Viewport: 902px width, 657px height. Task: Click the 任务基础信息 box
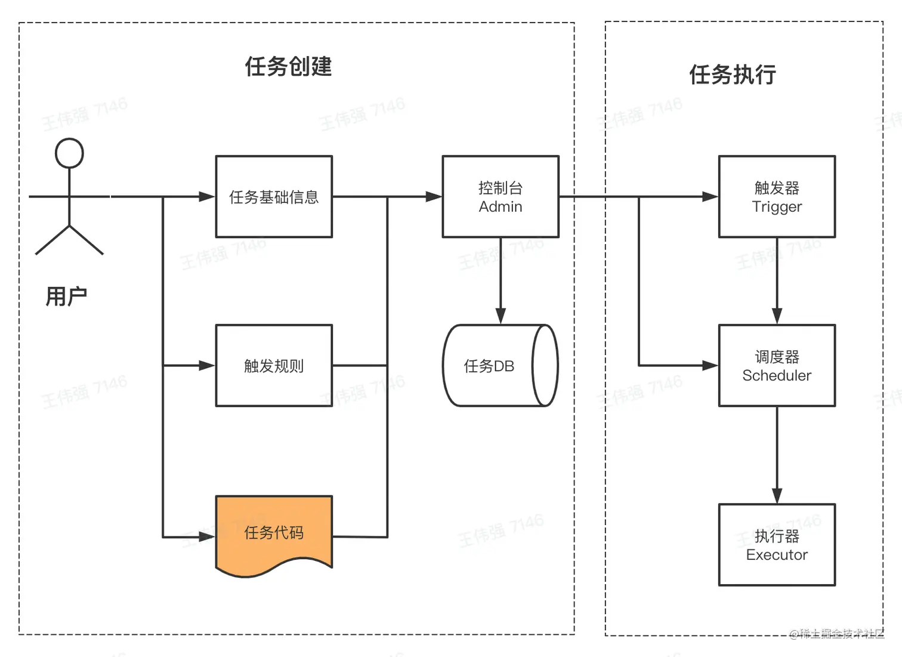pos(274,197)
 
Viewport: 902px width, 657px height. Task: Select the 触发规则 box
pos(274,366)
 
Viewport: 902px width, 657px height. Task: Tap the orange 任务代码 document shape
pos(274,532)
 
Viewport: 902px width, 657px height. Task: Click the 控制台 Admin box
pos(501,197)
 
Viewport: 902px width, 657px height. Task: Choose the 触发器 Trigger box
pos(777,197)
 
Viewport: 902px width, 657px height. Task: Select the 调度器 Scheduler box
pos(777,366)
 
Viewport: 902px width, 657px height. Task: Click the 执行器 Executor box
pos(777,545)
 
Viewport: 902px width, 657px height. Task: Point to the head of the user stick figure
pos(69,153)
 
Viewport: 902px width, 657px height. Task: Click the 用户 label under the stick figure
pos(66,297)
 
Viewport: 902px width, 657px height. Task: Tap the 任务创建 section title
pos(288,66)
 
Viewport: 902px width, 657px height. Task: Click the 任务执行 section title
pos(733,75)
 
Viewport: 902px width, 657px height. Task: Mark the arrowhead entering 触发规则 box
pos(206,366)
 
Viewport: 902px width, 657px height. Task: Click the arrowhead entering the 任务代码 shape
pos(206,537)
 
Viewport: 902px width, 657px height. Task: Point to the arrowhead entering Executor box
pos(777,496)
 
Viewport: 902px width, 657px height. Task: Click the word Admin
pos(501,207)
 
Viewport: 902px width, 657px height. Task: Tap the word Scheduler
pos(777,375)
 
